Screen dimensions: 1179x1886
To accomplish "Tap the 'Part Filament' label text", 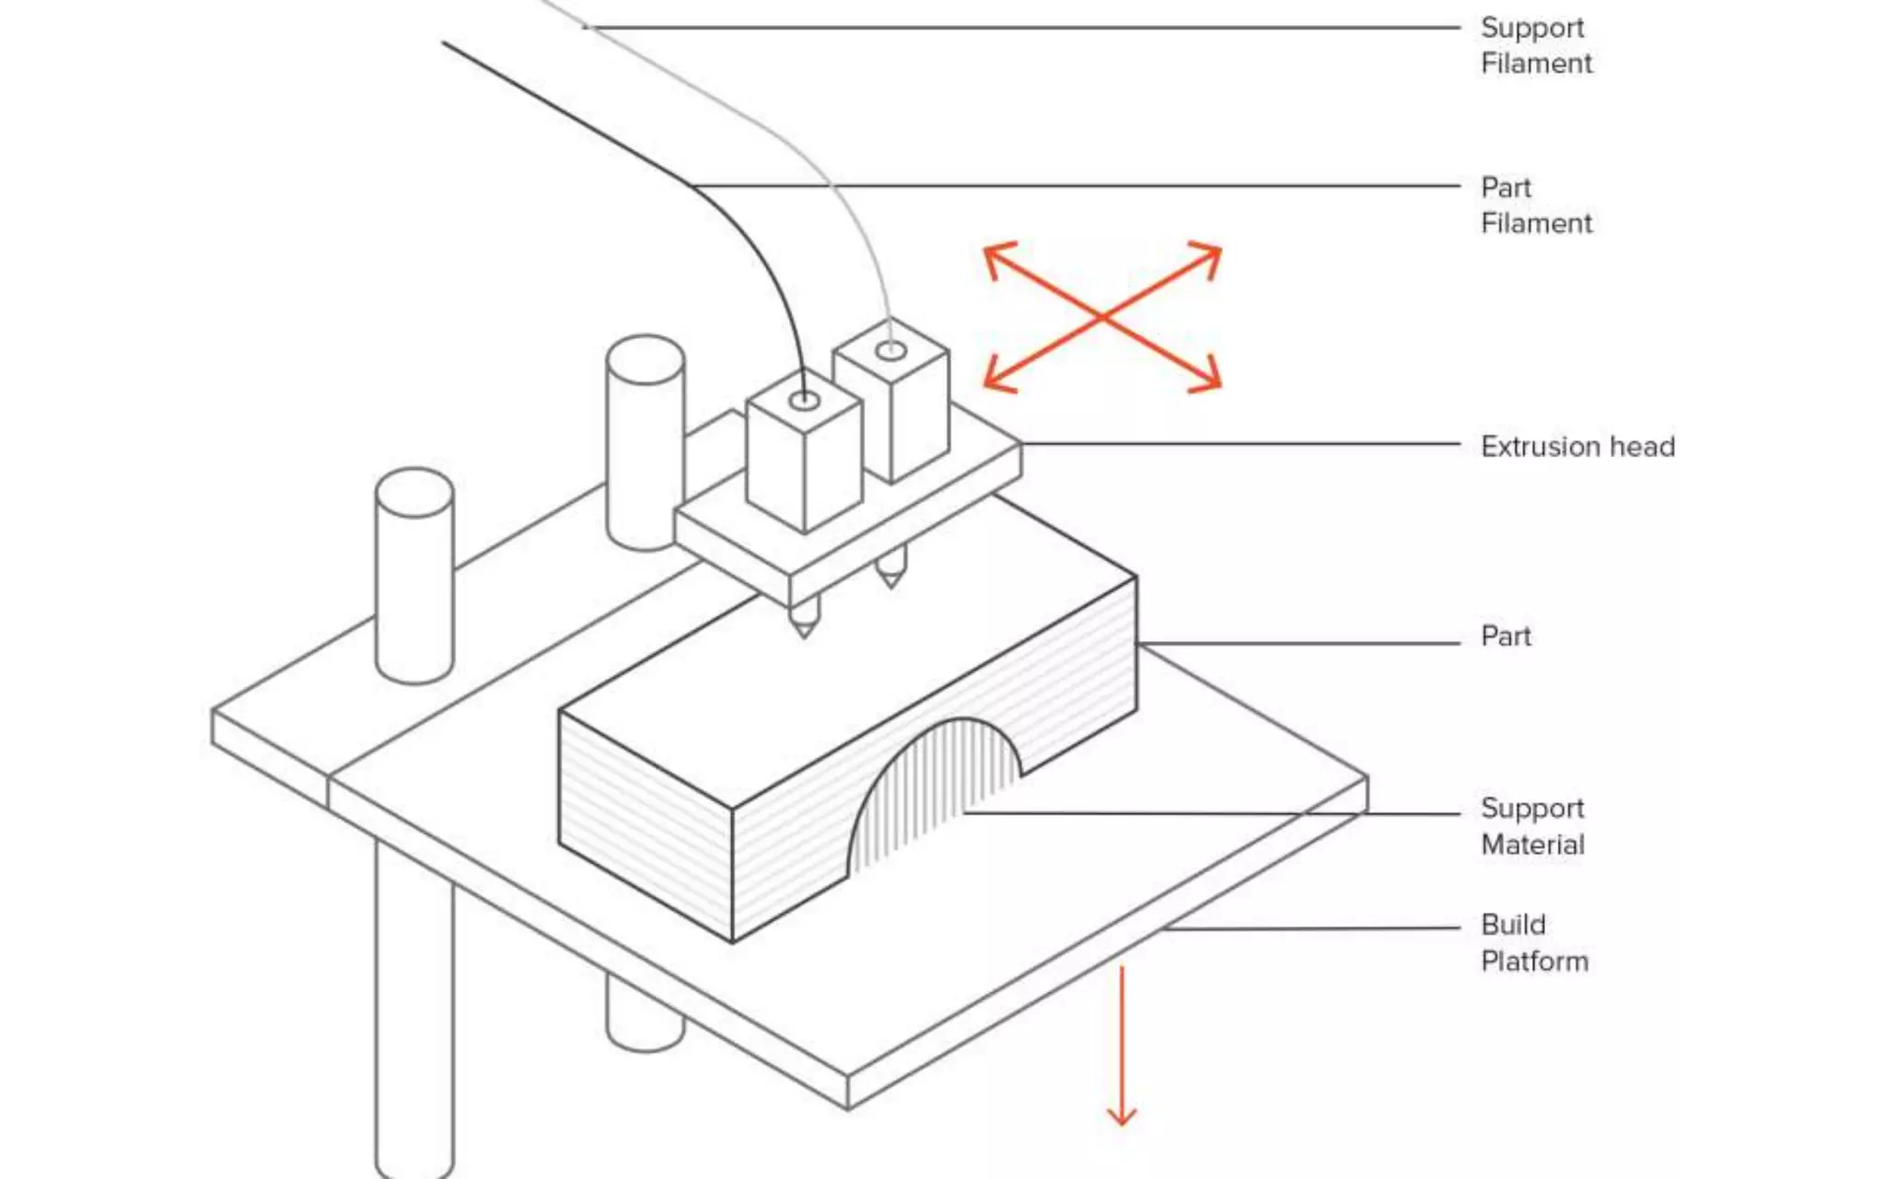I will click(x=1536, y=205).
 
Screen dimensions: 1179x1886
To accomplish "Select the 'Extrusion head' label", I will click(x=1577, y=447).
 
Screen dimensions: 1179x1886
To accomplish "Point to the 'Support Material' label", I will click(x=1532, y=826).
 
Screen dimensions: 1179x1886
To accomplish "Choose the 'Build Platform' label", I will click(x=1534, y=943).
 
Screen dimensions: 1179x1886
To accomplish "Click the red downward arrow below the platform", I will click(x=1122, y=1050).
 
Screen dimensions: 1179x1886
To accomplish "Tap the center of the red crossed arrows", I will click(x=1103, y=317).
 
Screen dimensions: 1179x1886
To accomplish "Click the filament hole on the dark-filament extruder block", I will click(x=805, y=401).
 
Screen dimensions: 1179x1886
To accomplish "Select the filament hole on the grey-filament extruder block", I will click(x=891, y=351).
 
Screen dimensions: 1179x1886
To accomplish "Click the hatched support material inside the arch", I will click(x=930, y=792).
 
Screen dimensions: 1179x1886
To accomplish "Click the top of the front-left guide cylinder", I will click(x=414, y=493).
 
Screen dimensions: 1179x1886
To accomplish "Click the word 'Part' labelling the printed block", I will click(x=1506, y=636).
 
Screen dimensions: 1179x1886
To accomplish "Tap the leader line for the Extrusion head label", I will click(x=1243, y=444).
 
